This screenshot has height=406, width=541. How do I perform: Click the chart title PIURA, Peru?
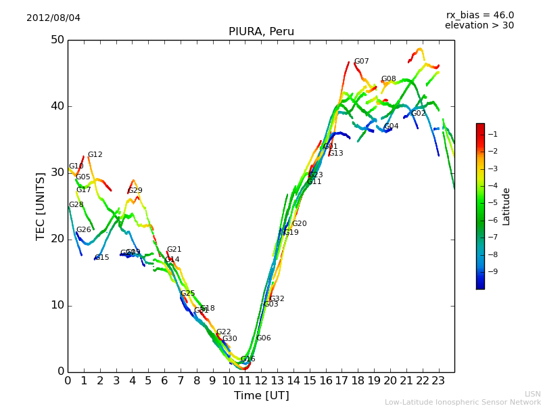click(261, 32)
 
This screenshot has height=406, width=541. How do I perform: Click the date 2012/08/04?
click(53, 18)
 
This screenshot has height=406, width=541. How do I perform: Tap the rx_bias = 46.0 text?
click(479, 15)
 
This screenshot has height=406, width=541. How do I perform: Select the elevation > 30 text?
click(479, 26)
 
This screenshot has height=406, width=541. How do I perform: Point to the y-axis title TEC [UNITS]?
click(41, 206)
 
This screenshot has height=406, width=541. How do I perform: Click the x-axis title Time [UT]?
click(261, 396)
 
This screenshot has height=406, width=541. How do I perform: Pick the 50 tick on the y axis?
click(57, 40)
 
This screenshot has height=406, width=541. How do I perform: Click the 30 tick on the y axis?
click(57, 173)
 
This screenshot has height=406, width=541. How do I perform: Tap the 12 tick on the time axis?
click(261, 381)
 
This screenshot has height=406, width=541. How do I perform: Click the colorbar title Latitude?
click(506, 206)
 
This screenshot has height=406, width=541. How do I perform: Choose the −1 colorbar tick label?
click(492, 134)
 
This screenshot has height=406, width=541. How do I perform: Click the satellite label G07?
click(362, 62)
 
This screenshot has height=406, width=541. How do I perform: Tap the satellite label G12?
click(95, 155)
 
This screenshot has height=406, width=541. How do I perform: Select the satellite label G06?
click(263, 338)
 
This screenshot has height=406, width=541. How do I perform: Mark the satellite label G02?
click(419, 114)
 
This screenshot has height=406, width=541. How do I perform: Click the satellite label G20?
click(299, 224)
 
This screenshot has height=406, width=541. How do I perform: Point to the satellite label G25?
click(187, 294)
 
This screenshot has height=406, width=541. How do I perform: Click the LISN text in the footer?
click(532, 394)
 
